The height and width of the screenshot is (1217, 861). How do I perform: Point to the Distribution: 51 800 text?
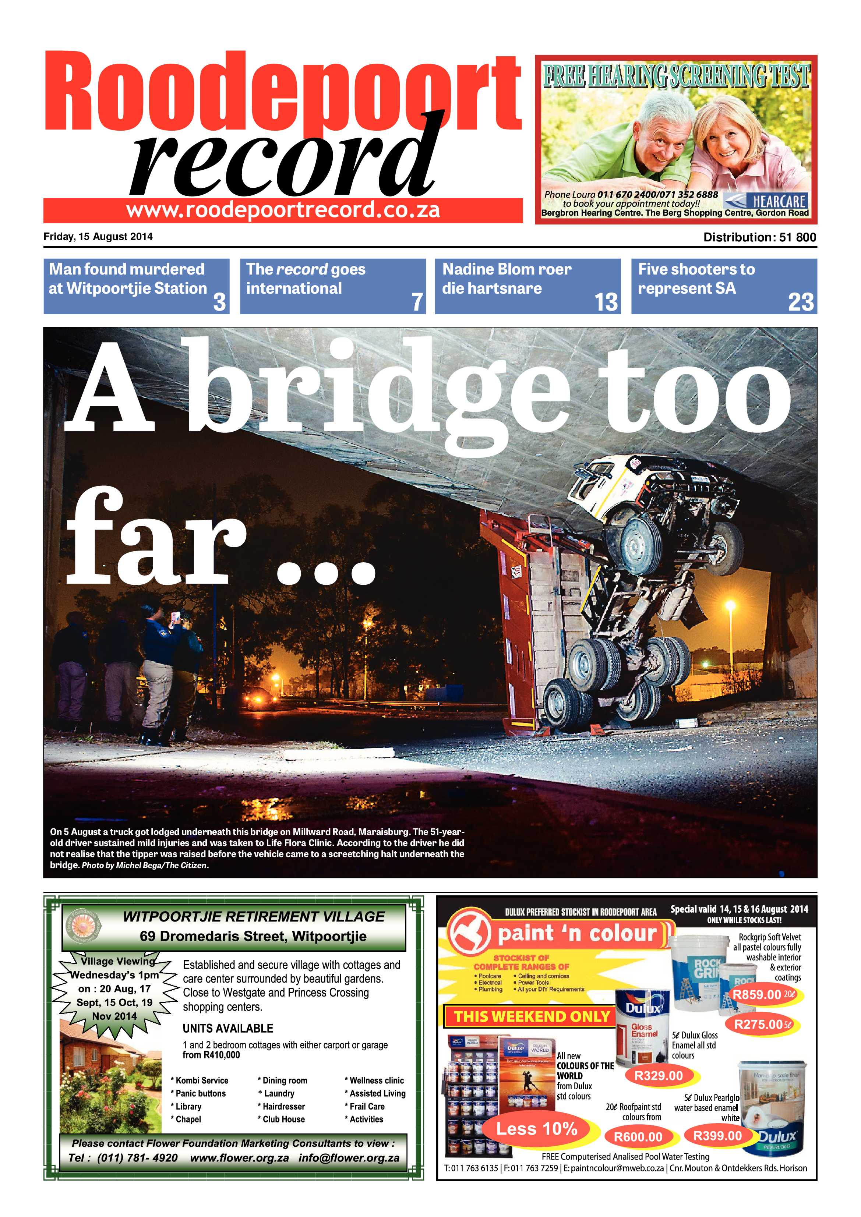pos(759,237)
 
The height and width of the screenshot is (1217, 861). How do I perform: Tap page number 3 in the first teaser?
pos(219,302)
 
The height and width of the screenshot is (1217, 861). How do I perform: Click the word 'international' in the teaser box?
pos(294,289)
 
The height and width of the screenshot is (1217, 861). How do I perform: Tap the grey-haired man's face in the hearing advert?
pos(664,138)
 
